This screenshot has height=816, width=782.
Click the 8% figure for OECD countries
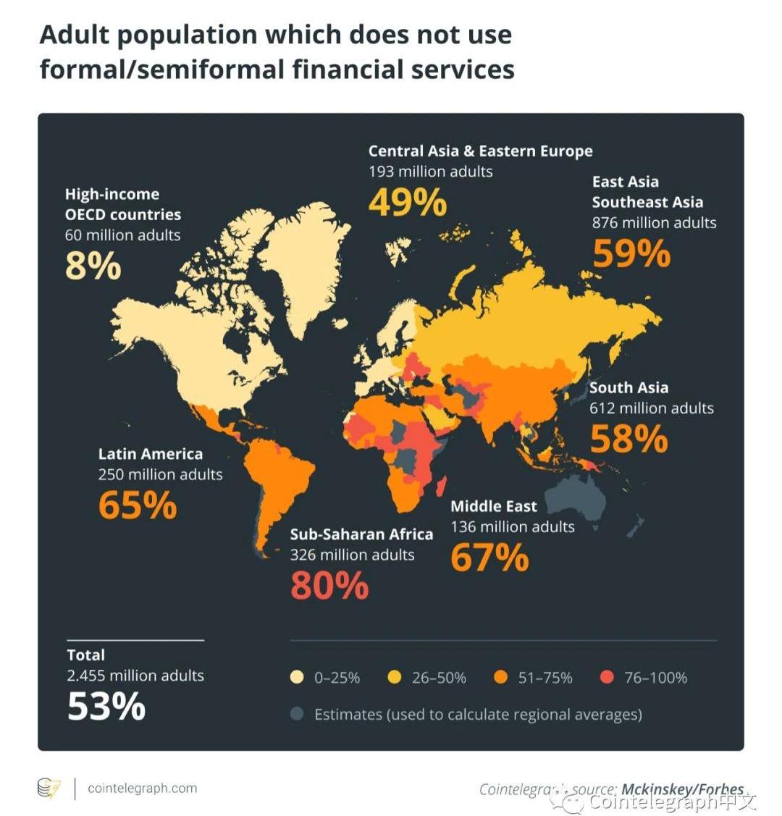tap(93, 266)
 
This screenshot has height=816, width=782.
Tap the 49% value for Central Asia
tap(408, 202)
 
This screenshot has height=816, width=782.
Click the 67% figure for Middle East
tap(489, 558)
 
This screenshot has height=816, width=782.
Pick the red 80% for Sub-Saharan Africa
tap(329, 585)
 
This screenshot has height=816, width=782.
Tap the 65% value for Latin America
tap(138, 505)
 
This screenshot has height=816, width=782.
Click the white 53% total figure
tap(106, 706)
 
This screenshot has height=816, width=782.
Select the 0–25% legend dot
tap(297, 678)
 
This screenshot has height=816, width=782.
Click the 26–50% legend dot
tap(395, 678)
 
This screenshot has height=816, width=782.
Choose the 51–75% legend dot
tap(500, 678)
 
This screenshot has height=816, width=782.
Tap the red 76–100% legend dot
tap(607, 678)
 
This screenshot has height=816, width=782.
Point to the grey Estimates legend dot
tap(297, 714)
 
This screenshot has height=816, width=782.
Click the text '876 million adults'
tap(654, 222)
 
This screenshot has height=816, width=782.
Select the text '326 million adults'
tap(352, 555)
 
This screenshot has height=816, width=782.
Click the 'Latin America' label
tap(151, 454)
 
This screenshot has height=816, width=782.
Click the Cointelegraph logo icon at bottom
tap(49, 788)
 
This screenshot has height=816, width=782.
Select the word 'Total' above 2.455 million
tap(86, 655)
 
